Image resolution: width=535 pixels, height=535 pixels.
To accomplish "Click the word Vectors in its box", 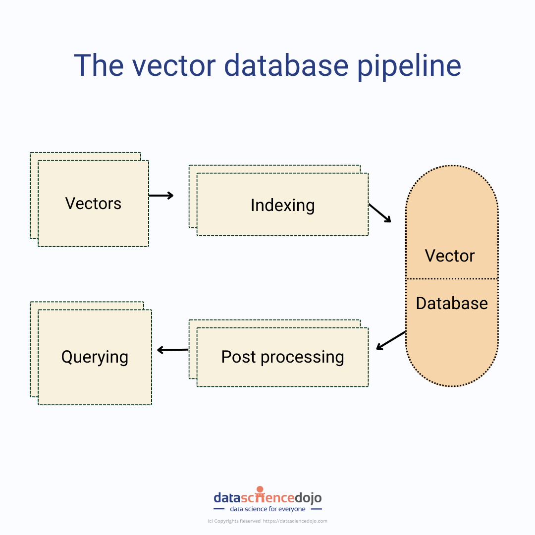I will (x=93, y=204).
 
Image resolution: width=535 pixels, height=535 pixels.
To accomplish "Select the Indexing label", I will (x=282, y=205).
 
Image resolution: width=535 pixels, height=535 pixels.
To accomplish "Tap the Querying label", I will (x=95, y=357).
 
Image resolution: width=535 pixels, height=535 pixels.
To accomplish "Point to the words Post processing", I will (x=282, y=357).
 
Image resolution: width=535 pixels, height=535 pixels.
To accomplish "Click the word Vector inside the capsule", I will (x=450, y=256).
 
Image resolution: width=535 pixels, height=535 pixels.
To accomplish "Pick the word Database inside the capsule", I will (x=452, y=303).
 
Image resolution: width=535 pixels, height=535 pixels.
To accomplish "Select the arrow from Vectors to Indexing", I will (x=161, y=195).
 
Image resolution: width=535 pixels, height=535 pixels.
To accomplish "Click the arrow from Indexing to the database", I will (x=380, y=213).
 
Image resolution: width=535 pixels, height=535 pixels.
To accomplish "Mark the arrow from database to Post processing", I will (x=391, y=340).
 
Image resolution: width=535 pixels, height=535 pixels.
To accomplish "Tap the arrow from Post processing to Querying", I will (x=172, y=350).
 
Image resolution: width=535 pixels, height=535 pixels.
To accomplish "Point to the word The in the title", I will (x=99, y=65).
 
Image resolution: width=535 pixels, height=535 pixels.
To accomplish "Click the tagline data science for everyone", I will (x=267, y=509).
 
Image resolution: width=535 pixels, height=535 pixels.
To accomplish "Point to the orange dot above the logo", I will (x=260, y=489).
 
